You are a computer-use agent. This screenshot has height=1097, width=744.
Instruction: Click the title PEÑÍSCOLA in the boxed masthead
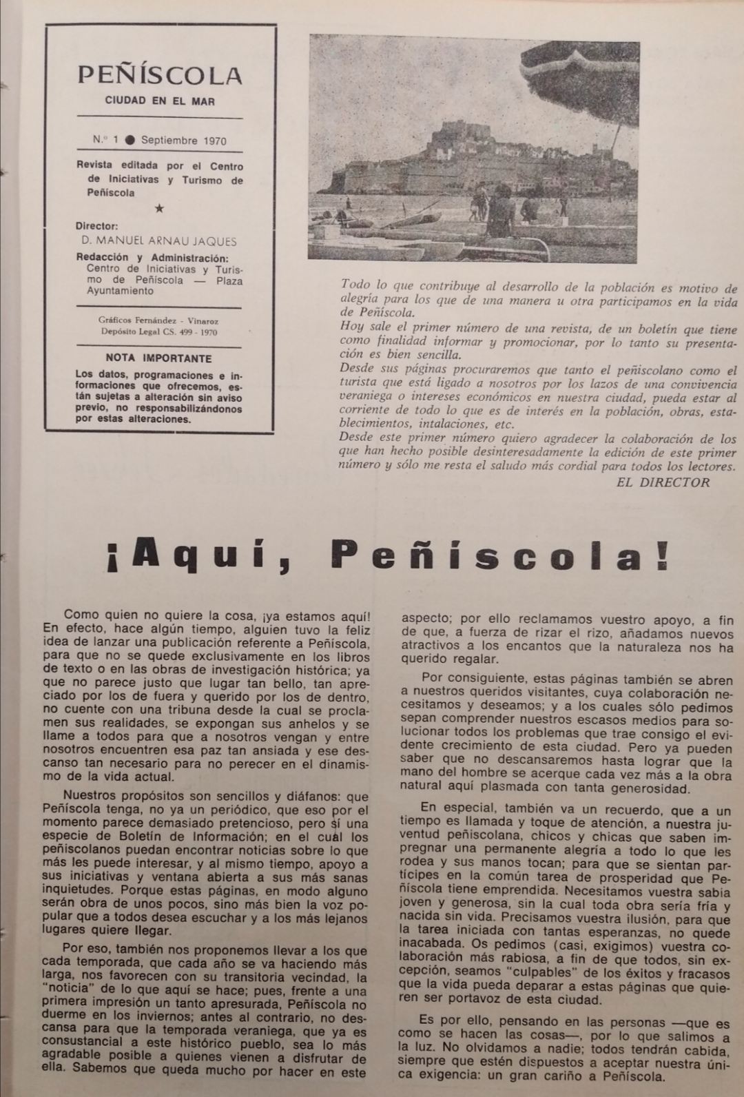[160, 74]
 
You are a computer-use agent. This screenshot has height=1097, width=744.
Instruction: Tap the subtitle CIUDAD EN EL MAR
[160, 101]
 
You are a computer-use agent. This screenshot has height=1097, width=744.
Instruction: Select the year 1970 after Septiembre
[214, 140]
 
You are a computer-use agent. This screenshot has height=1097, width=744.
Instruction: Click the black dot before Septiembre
[130, 140]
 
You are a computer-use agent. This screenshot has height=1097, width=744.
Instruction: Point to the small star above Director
[160, 208]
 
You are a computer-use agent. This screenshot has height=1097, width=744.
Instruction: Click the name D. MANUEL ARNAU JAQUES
[157, 241]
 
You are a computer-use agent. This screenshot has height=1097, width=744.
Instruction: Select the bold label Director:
[97, 225]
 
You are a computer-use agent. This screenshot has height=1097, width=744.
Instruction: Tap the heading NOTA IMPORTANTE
[159, 358]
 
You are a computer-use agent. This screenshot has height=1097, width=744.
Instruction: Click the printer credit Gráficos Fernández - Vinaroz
[159, 321]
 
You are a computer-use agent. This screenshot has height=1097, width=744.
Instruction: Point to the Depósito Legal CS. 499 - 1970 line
[159, 332]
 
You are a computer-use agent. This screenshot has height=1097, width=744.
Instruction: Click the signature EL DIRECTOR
[663, 482]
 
